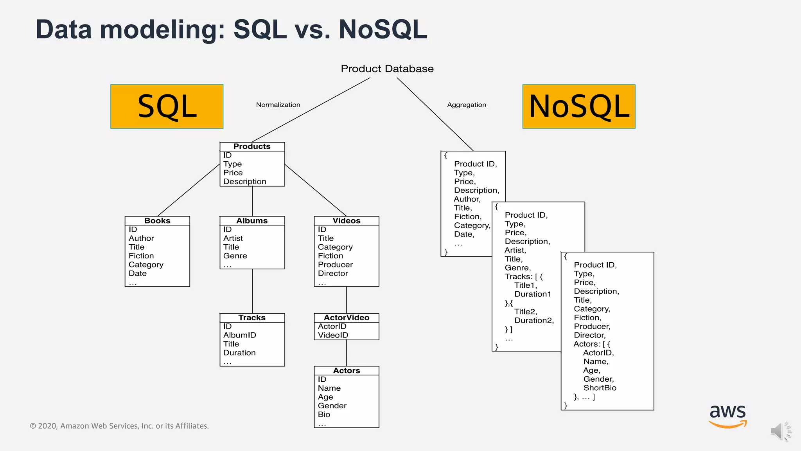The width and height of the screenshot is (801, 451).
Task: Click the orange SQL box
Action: coord(167,106)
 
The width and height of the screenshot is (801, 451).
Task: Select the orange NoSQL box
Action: coord(579,106)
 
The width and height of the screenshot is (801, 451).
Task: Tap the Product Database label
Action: coord(387,69)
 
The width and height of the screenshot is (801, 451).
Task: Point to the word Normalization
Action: coord(278,105)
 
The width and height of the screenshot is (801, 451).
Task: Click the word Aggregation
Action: coord(467,105)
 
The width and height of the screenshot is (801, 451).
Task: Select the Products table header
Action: coord(252,146)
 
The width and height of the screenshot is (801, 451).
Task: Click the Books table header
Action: coord(157,221)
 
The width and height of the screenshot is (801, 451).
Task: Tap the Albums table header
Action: coord(252,221)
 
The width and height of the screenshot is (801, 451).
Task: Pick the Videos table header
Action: coord(347,221)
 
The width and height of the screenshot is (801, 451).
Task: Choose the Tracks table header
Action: coord(252,318)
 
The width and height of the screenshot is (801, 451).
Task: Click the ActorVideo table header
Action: coord(347,318)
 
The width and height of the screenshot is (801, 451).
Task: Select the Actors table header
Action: coord(347,371)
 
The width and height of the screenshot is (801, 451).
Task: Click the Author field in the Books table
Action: coord(141,238)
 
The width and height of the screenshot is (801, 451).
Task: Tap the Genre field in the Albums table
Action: coord(235,256)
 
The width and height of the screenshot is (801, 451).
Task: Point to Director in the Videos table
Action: coord(333,274)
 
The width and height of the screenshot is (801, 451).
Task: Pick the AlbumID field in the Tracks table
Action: coord(240,336)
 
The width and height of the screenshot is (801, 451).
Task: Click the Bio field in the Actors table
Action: coord(324,415)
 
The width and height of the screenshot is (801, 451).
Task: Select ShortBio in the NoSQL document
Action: coord(600,388)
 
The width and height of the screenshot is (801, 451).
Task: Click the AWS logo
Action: coord(728,416)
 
